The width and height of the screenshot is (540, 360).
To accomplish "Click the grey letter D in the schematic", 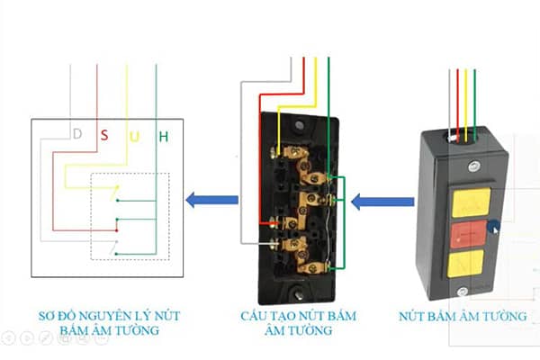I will [77, 135].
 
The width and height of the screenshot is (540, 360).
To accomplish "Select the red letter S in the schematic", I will [104, 136].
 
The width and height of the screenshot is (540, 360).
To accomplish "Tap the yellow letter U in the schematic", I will [134, 137].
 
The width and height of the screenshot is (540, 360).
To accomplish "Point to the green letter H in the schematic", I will [163, 137].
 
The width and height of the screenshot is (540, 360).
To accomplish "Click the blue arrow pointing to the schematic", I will [211, 200].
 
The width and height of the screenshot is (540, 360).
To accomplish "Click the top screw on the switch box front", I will [472, 166].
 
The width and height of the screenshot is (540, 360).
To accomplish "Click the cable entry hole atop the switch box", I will [464, 139].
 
